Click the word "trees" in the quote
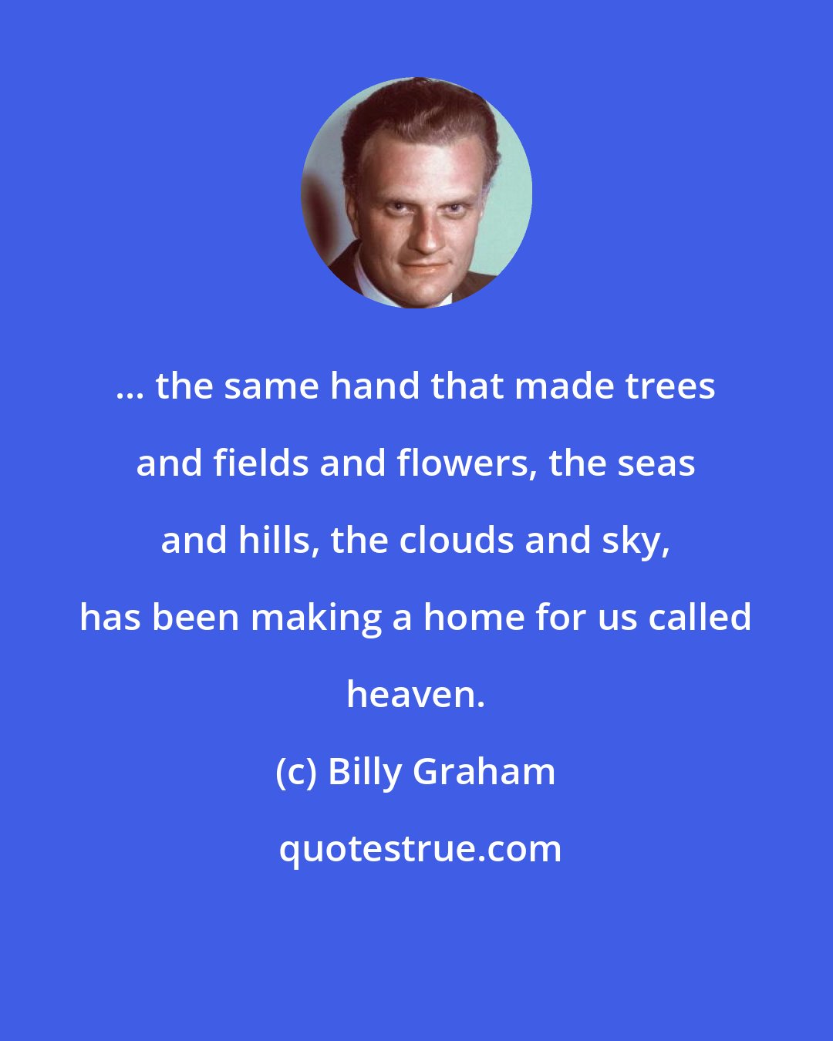[669, 386]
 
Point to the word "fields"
[261, 463]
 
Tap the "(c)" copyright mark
[296, 772]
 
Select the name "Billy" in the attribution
[366, 772]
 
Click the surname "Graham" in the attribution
[484, 772]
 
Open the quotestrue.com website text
[420, 850]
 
